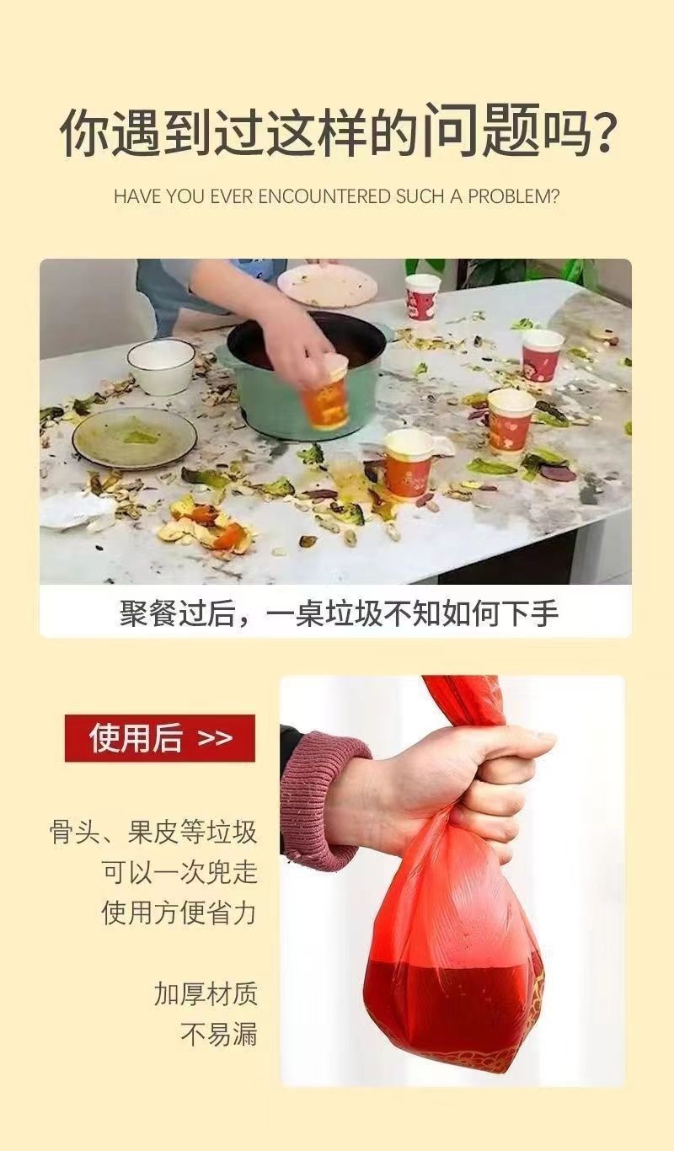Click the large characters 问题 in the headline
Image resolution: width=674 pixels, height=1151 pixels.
click(482, 130)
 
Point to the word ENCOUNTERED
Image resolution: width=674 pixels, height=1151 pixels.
click(324, 196)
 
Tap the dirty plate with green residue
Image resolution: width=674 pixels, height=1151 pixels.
click(135, 437)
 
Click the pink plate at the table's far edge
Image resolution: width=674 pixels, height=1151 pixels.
click(327, 284)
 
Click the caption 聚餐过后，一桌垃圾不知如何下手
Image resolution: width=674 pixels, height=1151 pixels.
click(339, 613)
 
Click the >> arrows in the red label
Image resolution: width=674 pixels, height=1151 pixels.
click(215, 738)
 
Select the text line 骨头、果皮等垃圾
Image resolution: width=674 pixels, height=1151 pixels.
click(153, 832)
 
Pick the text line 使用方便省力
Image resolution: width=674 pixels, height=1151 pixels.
click(179, 913)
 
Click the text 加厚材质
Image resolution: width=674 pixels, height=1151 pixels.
click(206, 994)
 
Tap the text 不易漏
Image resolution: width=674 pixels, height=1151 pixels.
click(218, 1034)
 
